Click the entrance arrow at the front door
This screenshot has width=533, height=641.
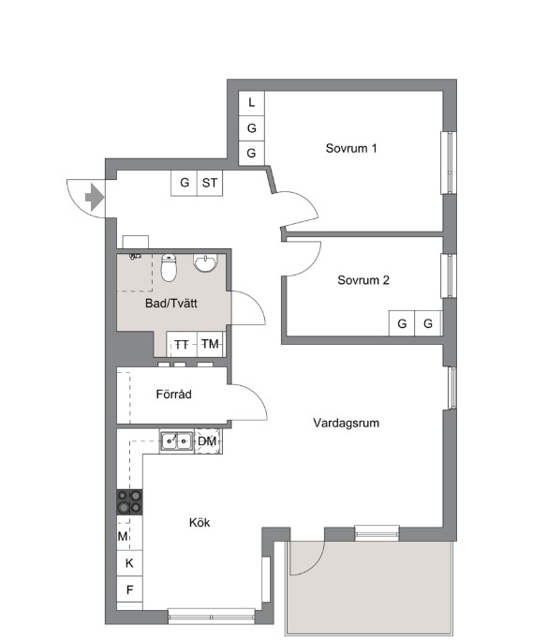(x=95, y=198)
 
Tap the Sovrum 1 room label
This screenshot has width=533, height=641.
(x=351, y=148)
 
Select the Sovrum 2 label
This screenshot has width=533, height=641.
(x=363, y=280)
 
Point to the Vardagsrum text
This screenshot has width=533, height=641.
(x=347, y=423)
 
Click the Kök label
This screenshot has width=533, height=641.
(x=200, y=522)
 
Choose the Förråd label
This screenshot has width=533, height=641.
(x=173, y=395)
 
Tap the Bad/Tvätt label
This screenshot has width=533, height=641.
(x=171, y=304)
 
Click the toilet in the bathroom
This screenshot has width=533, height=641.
(x=169, y=267)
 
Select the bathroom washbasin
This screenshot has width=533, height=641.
(x=206, y=262)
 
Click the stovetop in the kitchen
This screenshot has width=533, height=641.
(x=129, y=502)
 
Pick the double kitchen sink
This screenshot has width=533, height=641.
(x=177, y=441)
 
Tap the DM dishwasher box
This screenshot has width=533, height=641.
(x=208, y=441)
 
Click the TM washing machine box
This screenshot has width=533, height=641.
(x=211, y=344)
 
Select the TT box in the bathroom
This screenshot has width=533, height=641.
(x=182, y=344)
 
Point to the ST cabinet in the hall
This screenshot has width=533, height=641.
(x=210, y=183)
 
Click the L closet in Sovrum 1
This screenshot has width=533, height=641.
(x=251, y=103)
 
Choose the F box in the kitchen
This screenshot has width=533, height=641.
(x=129, y=589)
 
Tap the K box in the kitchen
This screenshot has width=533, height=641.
(x=129, y=563)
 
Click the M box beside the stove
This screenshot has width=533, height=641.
(x=124, y=536)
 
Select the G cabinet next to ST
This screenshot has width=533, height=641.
(x=184, y=183)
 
